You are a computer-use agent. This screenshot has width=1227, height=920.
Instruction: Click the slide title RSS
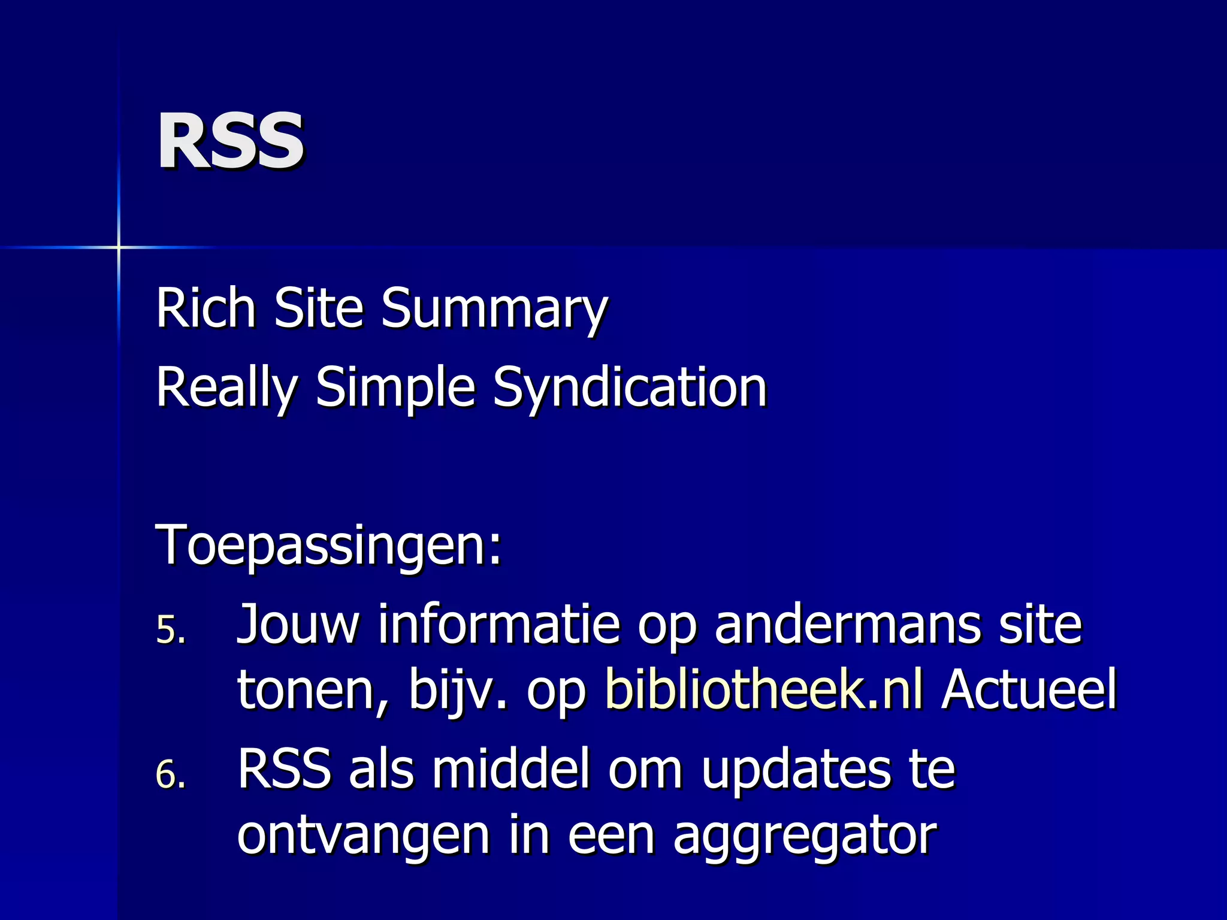click(231, 142)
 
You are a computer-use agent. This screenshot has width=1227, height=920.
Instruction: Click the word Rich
click(206, 308)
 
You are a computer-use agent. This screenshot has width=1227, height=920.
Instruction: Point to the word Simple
click(395, 388)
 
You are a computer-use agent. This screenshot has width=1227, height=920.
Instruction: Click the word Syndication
click(630, 388)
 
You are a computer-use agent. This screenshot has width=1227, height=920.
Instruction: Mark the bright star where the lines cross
click(119, 247)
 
